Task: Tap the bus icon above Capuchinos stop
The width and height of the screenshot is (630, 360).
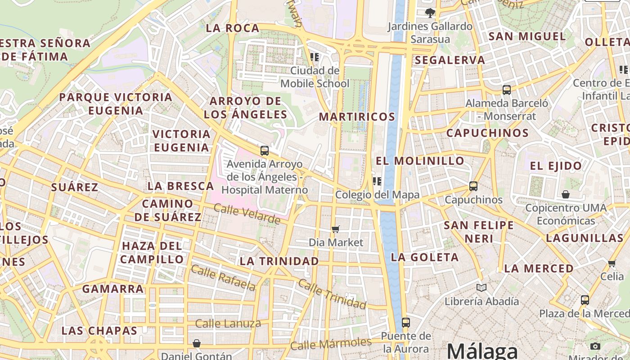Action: click(x=473, y=186)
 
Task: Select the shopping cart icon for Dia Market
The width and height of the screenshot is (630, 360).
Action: click(x=335, y=229)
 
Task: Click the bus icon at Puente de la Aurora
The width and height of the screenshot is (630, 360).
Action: click(x=406, y=322)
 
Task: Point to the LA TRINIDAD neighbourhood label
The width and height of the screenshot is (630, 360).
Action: click(x=279, y=261)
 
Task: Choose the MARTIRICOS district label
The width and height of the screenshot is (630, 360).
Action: click(x=357, y=117)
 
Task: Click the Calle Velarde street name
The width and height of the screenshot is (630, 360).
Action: click(x=247, y=214)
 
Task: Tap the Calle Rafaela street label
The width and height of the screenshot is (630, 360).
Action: click(x=223, y=278)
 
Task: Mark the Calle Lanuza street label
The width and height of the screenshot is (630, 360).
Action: click(x=228, y=323)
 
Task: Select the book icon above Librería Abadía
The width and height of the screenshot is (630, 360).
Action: click(x=481, y=288)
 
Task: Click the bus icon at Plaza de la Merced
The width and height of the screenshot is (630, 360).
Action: click(x=585, y=300)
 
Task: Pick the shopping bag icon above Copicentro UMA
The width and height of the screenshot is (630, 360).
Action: click(x=566, y=194)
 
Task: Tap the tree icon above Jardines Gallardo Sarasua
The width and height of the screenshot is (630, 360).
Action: click(x=430, y=13)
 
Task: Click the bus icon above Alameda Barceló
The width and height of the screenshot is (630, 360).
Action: click(x=507, y=90)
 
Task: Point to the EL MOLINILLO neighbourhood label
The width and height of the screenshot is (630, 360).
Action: click(x=420, y=161)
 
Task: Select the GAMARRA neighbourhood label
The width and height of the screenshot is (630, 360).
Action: click(x=113, y=289)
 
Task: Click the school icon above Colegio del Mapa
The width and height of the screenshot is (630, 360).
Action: click(x=377, y=181)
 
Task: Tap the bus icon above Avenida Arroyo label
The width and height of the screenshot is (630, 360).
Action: click(x=265, y=151)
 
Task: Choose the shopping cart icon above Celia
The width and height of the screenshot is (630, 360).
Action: click(x=612, y=263)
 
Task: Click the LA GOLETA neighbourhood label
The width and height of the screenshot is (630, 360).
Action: click(x=425, y=257)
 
